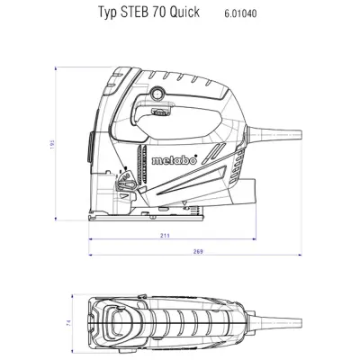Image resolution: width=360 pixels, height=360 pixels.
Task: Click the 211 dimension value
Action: click(x=165, y=236)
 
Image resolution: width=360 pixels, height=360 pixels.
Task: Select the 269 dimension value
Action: click(x=196, y=253)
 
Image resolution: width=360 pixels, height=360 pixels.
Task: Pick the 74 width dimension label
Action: click(x=68, y=320)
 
